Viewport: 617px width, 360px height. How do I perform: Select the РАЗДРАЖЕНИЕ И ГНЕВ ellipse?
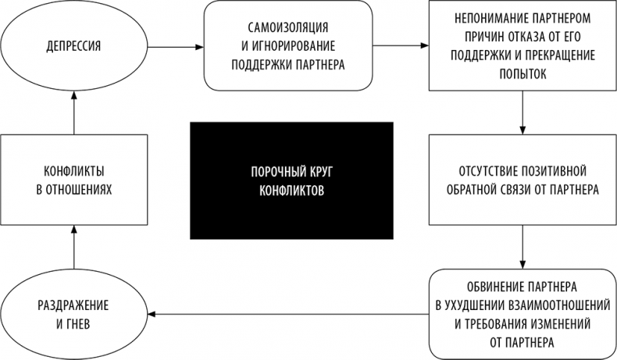[x=74, y=313]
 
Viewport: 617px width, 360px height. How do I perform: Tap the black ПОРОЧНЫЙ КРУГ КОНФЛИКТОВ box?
[x=291, y=180]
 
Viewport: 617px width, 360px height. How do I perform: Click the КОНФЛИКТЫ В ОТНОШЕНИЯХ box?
[x=74, y=180]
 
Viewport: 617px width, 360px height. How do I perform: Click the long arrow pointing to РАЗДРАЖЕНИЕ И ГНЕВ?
[x=289, y=314]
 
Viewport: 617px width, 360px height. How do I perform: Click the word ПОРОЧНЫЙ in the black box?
[x=269, y=171]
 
